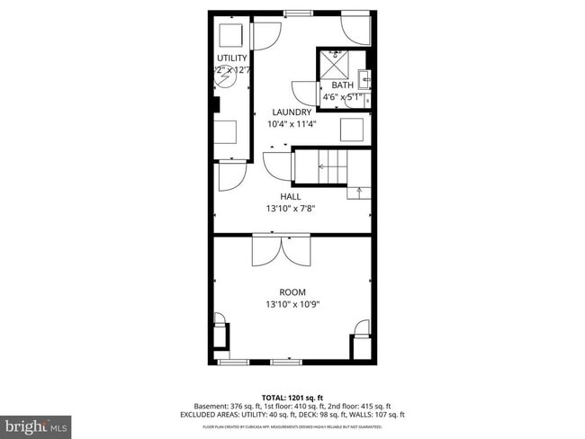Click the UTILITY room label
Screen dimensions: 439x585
click(x=231, y=58)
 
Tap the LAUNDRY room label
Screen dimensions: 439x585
click(x=292, y=112)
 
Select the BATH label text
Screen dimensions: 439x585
click(x=342, y=85)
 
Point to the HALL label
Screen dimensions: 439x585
click(x=291, y=196)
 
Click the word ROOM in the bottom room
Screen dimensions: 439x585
click(x=292, y=292)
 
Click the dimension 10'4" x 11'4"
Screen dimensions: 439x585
click(x=292, y=124)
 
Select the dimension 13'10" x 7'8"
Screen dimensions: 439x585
click(x=291, y=208)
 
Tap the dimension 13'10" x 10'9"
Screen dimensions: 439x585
click(x=292, y=304)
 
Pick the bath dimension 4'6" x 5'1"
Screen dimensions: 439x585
click(x=342, y=97)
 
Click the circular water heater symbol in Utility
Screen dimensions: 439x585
click(x=226, y=80)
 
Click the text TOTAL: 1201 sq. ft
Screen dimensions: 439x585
click(x=292, y=397)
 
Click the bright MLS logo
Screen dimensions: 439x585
click(x=36, y=424)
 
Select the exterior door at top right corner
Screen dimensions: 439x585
click(x=356, y=31)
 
